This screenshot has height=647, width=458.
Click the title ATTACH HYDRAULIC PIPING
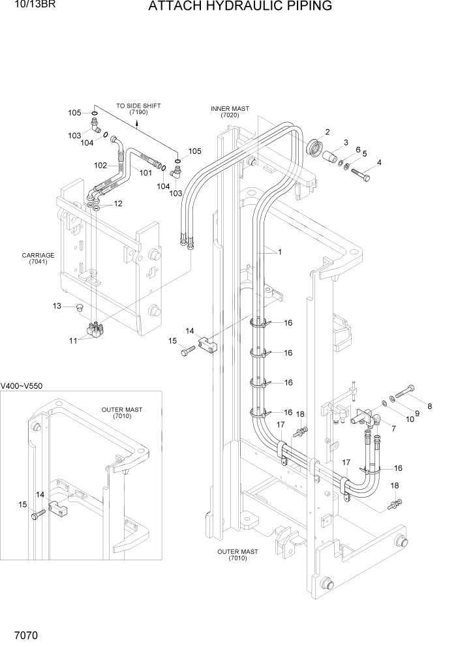pos(239,7)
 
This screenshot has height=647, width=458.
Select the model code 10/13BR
pos(22,6)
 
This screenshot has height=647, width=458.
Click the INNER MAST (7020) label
pos(230,112)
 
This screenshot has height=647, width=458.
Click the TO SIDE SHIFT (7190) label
pos(138,109)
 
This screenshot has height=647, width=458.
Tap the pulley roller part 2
pos(316,148)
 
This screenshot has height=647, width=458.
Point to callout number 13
pos(57,306)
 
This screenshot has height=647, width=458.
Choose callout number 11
pos(73,340)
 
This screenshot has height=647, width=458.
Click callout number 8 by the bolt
pos(429,406)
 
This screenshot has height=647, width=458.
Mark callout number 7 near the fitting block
pos(393,428)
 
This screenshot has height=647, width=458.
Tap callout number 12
pos(117,203)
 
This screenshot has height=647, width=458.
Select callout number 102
pos(100,165)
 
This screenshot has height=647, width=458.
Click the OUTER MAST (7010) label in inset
pos(121,413)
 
